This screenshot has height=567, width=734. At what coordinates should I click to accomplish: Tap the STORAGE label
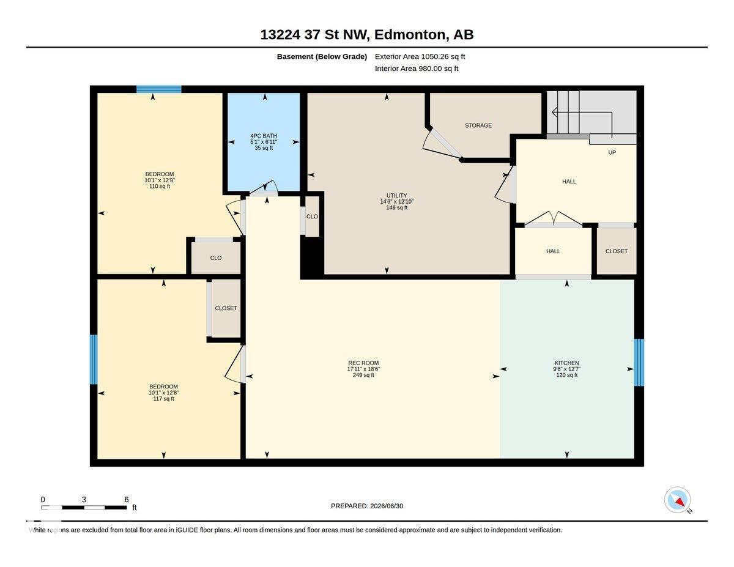point(478,125)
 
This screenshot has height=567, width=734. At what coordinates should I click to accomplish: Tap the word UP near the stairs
point(612,153)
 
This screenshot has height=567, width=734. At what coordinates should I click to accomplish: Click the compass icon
point(677,500)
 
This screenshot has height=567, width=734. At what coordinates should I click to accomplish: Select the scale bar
point(84,508)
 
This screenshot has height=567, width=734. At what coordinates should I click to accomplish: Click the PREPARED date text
point(367,506)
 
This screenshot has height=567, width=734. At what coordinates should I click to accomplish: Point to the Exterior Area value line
point(420,56)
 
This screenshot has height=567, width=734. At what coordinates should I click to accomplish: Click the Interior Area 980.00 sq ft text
point(417,69)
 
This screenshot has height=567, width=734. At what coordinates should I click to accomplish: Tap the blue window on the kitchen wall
point(639,362)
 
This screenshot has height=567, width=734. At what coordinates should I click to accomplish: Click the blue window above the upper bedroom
point(159,89)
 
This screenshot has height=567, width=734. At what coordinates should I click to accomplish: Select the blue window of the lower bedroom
point(94,359)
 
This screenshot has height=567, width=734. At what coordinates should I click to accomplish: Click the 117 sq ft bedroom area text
point(163,399)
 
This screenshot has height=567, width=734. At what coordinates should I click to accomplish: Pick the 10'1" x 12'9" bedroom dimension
point(160,180)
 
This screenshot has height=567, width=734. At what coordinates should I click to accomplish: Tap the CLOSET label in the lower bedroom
point(226,308)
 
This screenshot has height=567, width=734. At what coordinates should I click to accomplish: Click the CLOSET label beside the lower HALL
point(617,251)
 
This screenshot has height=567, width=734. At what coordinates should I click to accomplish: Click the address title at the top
point(367,34)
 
